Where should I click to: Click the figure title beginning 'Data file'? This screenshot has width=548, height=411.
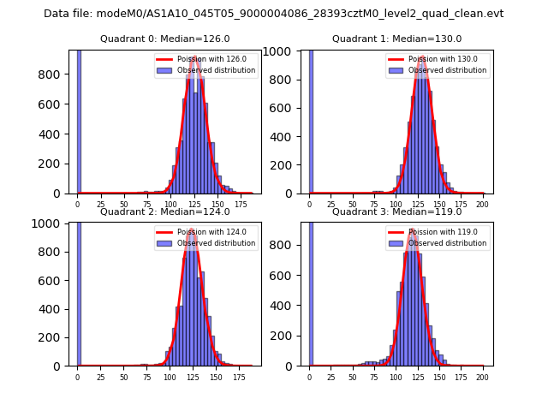[273, 14]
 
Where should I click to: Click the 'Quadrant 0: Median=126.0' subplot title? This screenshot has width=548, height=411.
[164, 39]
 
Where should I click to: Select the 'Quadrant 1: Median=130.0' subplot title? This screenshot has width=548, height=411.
[396, 39]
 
